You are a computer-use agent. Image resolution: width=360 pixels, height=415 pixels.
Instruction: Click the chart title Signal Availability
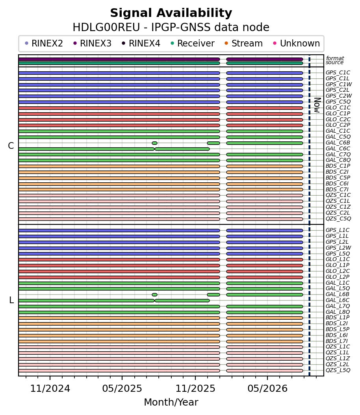click(171, 13)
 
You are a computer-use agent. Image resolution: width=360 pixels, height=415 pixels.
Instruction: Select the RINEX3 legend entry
click(93, 43)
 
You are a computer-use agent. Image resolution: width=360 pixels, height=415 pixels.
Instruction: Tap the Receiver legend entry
click(193, 43)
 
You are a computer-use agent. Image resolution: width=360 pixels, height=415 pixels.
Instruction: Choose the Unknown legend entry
click(297, 43)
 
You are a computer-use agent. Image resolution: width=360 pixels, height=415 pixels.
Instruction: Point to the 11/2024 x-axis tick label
click(50, 389)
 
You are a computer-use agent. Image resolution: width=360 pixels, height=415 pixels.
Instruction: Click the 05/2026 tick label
click(267, 389)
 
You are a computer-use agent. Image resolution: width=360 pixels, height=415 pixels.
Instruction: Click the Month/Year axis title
click(171, 402)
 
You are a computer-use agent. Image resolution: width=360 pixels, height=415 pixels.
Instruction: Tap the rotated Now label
click(317, 105)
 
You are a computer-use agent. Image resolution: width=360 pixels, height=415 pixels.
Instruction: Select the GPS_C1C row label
click(338, 73)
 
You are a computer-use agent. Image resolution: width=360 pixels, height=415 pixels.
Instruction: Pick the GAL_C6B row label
click(338, 143)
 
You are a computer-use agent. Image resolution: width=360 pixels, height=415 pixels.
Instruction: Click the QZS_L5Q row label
click(338, 370)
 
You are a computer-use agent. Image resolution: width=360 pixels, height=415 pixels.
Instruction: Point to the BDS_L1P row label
click(338, 318)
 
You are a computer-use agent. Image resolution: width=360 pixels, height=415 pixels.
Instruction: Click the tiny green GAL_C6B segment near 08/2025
click(154, 143)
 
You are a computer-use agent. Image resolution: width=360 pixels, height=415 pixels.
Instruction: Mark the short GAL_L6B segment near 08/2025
click(154, 295)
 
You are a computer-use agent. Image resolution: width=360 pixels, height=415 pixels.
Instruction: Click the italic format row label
click(335, 58)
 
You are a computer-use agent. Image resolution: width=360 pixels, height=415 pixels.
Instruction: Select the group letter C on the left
click(11, 146)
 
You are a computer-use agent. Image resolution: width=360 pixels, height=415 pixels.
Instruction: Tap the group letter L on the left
click(11, 300)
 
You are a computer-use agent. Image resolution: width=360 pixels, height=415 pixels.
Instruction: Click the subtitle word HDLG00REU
click(106, 28)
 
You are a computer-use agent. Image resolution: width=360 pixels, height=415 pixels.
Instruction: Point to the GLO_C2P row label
click(338, 125)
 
